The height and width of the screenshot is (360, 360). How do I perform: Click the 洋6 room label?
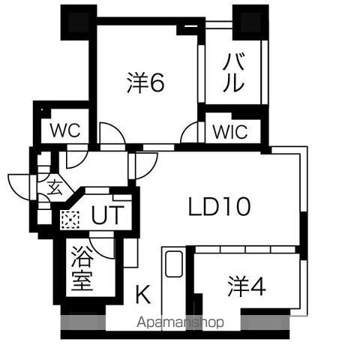pos(145,82)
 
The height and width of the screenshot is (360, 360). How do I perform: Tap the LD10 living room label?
pos(219,206)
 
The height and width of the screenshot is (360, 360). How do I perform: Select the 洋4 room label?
pos(247,286)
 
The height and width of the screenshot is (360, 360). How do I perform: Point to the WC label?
pos(65,130)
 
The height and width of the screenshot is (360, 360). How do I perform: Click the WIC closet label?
pos(230,131)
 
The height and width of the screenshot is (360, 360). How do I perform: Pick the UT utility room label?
pos(108,214)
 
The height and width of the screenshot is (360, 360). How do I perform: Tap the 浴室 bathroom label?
pos(82,268)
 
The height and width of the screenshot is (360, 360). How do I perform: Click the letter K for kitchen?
pos(143,294)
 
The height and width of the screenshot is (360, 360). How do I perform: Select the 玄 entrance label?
pos(55,187)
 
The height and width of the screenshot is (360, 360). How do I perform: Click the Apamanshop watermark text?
pos(180,322)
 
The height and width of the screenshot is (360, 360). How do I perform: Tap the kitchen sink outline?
pos(174,264)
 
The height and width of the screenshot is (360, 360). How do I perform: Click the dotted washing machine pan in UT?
pos(70,220)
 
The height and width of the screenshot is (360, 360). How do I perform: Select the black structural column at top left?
pos(79,22)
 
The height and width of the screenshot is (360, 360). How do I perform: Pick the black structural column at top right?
pos(250,22)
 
